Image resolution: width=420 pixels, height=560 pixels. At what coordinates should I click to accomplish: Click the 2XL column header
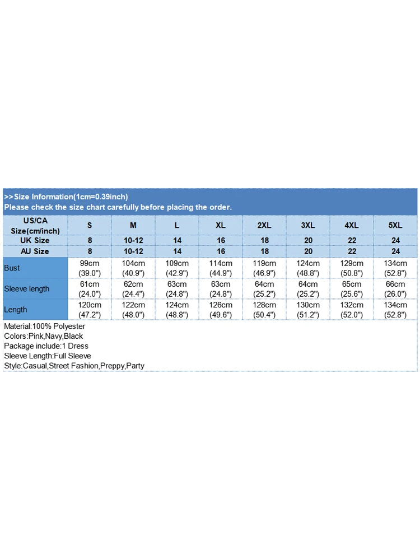pos(264,225)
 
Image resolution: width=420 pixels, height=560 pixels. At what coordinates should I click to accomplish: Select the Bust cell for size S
pos(90,268)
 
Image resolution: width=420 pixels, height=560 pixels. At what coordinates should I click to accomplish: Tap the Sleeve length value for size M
pos(133,289)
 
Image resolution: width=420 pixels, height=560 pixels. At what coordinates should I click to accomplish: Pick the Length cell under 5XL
pos(395,310)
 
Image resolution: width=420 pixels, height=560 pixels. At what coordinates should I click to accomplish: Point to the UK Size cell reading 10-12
pos(133,240)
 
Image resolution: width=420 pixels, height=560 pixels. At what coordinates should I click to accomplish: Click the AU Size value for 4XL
pos(352,251)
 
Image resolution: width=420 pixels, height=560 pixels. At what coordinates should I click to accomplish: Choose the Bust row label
pos(12,268)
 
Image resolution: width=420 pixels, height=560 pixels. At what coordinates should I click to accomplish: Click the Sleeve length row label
pos(27,289)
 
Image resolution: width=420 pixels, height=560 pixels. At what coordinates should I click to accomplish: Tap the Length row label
pos(15,310)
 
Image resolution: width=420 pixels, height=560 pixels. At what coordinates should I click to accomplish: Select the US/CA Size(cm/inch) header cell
pos(35,226)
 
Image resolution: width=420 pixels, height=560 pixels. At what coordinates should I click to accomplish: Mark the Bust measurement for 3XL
pos(308,268)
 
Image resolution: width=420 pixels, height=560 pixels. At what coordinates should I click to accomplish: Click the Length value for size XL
pos(221,310)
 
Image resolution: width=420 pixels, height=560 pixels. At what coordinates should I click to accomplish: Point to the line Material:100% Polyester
pos(44,326)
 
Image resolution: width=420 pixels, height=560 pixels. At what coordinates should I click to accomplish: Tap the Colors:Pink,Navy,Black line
pos(43,336)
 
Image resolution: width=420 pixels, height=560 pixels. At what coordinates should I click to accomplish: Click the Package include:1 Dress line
pos(46,346)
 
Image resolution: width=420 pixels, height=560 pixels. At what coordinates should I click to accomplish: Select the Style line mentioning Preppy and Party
pos(74,366)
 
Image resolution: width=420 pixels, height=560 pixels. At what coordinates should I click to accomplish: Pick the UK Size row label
pos(35,240)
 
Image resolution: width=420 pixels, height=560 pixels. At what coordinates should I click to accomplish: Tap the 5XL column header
pos(395,225)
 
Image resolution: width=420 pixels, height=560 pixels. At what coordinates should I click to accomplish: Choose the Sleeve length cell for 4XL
pos(352,289)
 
